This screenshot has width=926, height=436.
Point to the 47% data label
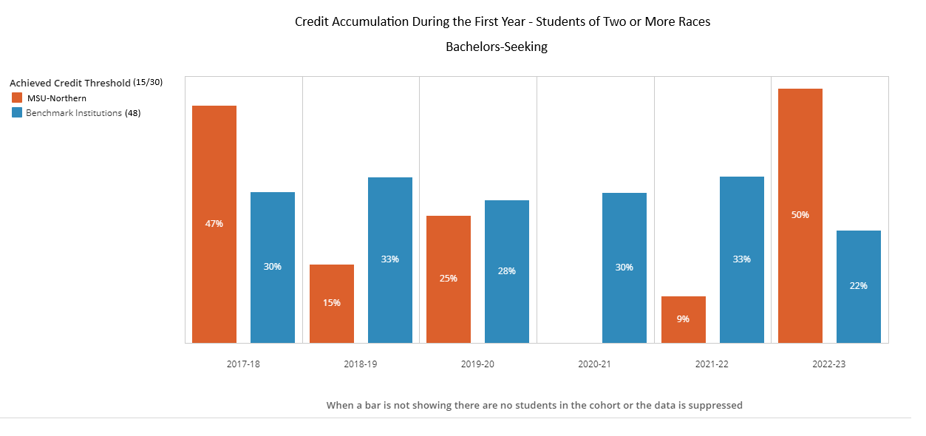pos(214,224)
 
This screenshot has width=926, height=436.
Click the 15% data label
pos(331,303)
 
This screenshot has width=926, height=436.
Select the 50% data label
pos(800,215)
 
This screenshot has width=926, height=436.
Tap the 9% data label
pos(683,319)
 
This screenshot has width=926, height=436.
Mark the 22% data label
pos(859,286)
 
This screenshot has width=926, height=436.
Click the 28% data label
pos(507,271)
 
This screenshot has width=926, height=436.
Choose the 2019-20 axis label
pos(478,365)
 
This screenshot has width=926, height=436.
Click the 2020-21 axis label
pos(596,365)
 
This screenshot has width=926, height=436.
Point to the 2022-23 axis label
pos(830,365)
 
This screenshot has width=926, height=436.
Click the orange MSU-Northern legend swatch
pos(17,98)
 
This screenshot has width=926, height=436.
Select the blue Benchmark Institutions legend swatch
pos(17,113)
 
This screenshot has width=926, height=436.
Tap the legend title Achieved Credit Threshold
pos(70,83)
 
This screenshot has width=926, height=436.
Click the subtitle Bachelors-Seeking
pos(497,47)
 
